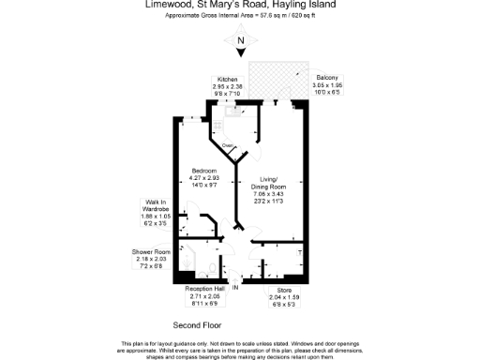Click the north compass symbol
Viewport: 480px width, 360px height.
[240, 40]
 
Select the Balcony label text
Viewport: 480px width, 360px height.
[326, 77]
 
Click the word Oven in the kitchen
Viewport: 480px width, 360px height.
[227, 146]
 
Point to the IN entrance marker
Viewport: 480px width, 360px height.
[236, 287]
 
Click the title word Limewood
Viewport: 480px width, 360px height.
[171, 5]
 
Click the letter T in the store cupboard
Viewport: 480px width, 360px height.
[299, 254]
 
